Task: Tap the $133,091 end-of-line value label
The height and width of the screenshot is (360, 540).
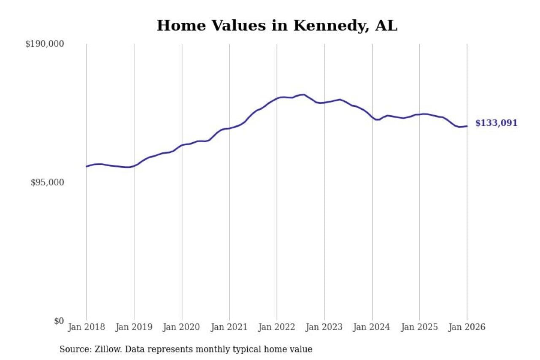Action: (496, 123)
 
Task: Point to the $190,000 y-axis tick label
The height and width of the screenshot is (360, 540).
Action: (44, 44)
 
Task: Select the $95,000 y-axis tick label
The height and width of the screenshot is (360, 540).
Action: (47, 182)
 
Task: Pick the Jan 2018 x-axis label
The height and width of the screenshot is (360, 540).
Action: (86, 328)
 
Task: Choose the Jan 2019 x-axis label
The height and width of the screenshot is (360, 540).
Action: (134, 328)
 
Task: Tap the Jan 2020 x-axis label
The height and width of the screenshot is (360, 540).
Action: (182, 328)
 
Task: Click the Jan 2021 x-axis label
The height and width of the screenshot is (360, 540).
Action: (229, 328)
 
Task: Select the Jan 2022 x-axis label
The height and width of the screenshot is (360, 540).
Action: (277, 328)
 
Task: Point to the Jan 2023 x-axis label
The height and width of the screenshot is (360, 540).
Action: (324, 328)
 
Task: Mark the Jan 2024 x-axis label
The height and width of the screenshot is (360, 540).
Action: (372, 328)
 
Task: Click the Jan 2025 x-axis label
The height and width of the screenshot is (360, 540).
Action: (419, 328)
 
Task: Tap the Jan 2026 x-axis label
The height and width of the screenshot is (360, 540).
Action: (467, 328)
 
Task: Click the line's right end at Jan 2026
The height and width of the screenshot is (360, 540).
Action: (467, 126)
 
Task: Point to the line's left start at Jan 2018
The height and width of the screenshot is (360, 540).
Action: (86, 166)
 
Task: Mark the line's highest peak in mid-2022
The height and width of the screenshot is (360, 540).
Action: (303, 95)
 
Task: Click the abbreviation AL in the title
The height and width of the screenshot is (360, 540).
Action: (387, 26)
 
